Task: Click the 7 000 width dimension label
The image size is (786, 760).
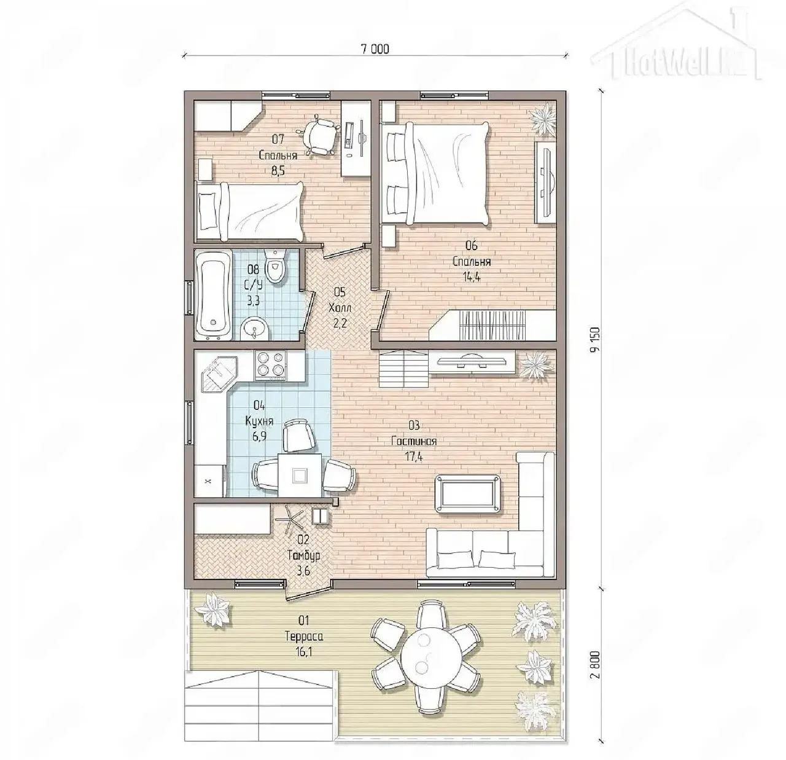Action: point(375,49)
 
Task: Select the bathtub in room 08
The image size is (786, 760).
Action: point(213,294)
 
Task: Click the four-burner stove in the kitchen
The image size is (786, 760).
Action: point(270,364)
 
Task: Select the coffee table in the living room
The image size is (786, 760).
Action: point(468,495)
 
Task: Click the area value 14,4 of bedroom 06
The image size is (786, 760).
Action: point(472,277)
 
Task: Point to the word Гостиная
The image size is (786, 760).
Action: point(414,441)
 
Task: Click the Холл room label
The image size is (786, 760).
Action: point(340,308)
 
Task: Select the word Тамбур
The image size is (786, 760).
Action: point(304,555)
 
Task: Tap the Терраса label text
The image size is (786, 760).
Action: point(304,637)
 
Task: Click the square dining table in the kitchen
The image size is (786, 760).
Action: point(300,475)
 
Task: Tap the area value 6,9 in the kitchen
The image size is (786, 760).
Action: point(259,436)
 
